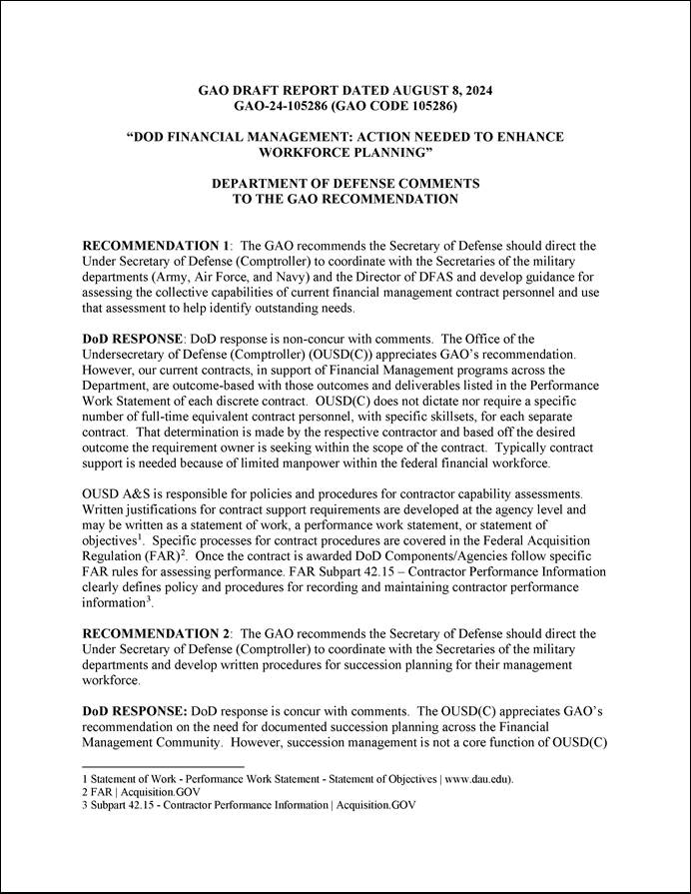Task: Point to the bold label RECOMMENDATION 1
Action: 156,245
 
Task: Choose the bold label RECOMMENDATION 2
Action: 156,633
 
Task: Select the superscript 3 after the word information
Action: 148,599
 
